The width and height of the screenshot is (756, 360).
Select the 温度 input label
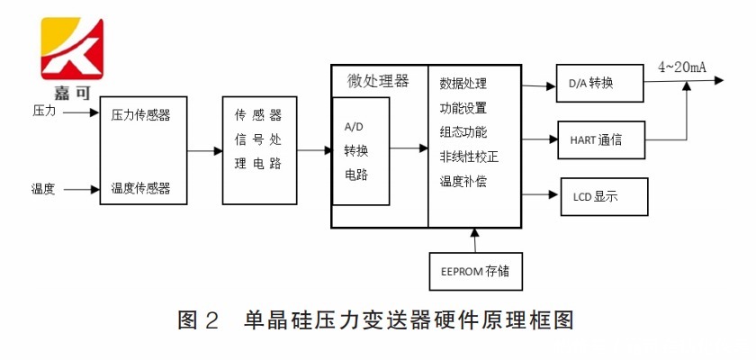point(44,189)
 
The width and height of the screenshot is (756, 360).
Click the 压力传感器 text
point(140,115)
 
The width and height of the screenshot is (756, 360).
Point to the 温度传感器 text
point(140,189)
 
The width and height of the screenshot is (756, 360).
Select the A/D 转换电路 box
point(361,150)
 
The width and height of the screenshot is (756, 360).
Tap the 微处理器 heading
point(378,81)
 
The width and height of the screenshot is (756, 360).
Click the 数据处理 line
point(463,84)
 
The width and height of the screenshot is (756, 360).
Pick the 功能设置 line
point(463,108)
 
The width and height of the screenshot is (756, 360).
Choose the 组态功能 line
point(463,132)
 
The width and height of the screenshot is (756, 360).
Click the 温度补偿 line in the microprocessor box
point(463,181)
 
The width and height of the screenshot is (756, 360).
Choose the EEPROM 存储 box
point(475,271)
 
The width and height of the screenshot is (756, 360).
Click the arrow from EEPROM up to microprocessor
point(475,239)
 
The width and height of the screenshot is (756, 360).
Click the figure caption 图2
point(199,319)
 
